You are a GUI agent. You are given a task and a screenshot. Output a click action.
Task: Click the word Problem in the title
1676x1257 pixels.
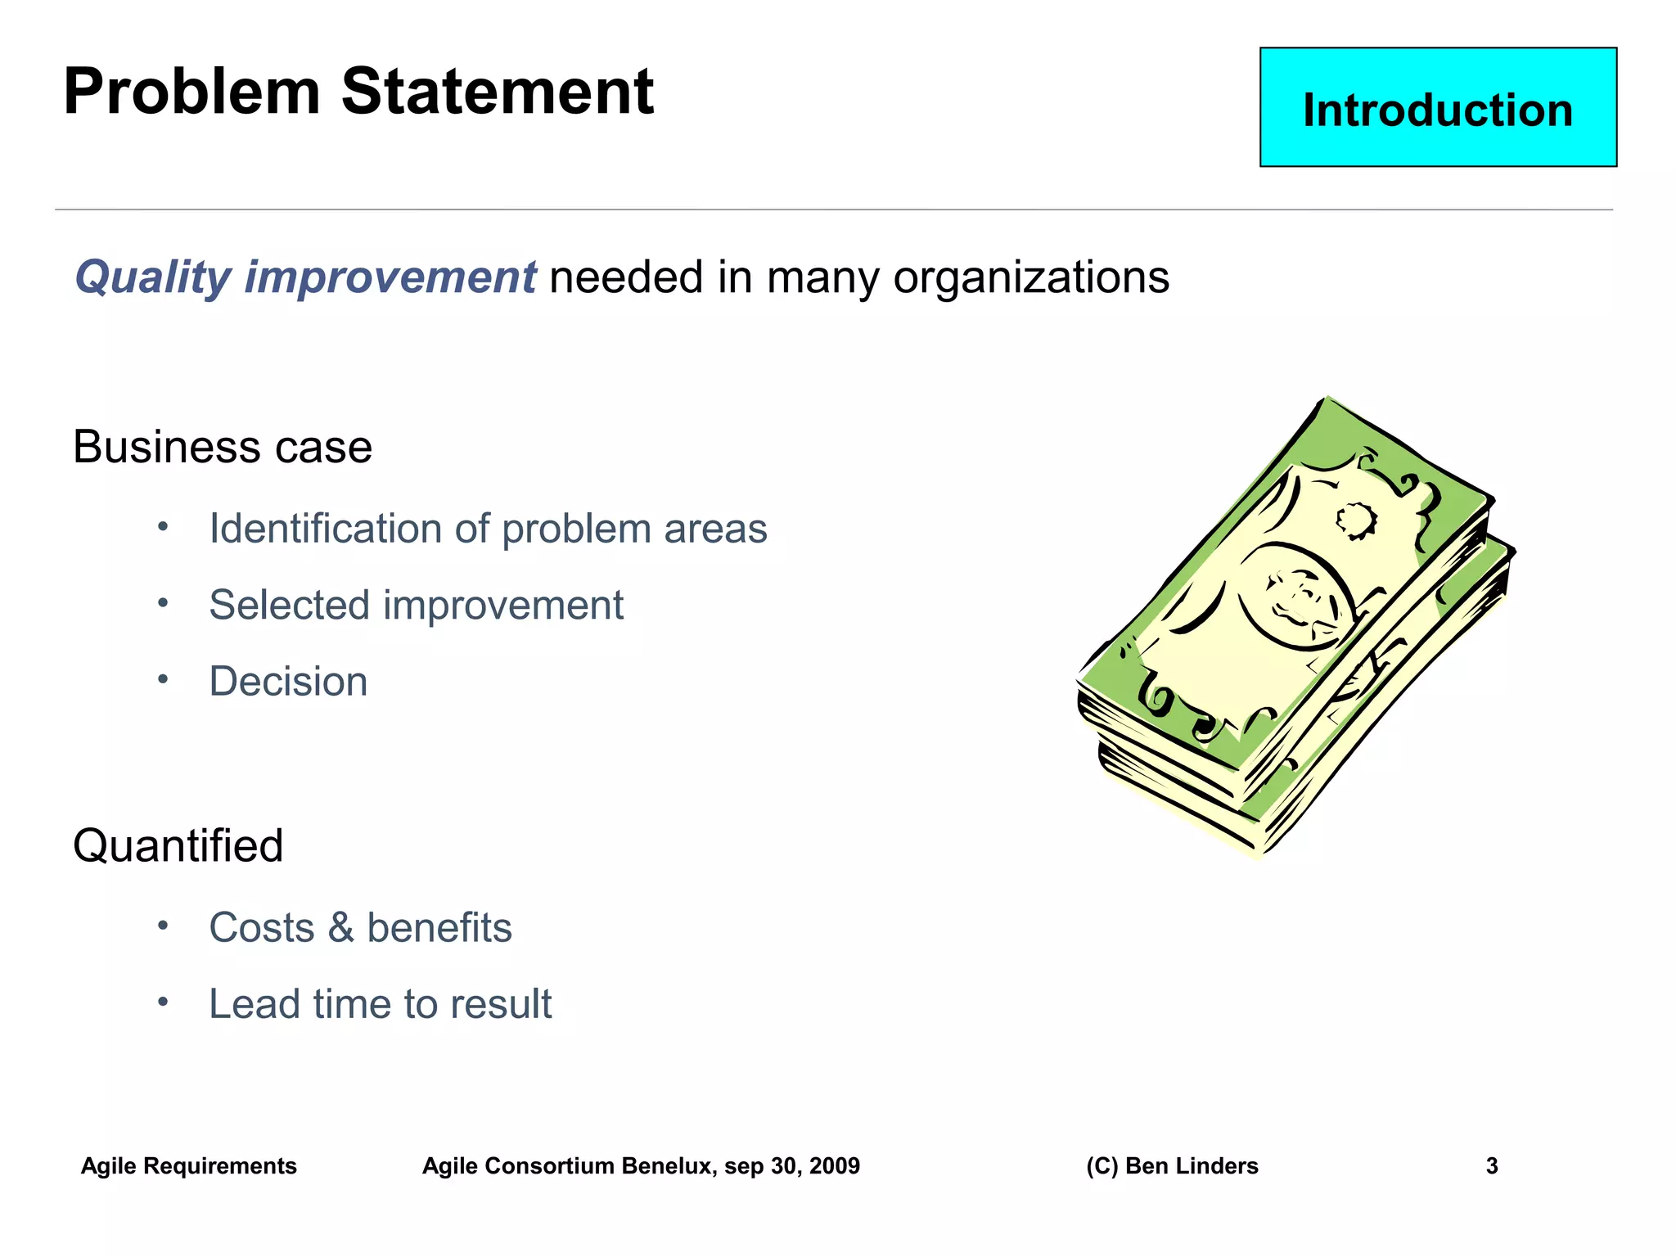(x=191, y=92)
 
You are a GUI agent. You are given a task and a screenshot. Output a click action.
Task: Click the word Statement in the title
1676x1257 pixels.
(x=497, y=92)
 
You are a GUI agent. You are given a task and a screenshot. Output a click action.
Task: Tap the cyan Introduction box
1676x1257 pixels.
(x=1437, y=108)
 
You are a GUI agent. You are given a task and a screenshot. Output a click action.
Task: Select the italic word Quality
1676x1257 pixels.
(x=153, y=278)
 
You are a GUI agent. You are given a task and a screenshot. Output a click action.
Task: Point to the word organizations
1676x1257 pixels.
(x=1030, y=278)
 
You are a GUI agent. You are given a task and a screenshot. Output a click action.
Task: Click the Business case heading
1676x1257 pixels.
(x=222, y=448)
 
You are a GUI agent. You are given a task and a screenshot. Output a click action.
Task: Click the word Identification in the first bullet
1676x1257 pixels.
(x=326, y=529)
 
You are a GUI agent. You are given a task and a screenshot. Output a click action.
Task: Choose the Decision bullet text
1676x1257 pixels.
(x=288, y=682)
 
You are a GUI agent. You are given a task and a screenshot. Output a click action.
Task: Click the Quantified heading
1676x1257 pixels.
(x=178, y=846)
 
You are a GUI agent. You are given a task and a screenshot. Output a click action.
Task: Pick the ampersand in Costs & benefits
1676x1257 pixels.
(x=340, y=928)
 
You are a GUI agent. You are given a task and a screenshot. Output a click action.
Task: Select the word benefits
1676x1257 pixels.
(x=439, y=928)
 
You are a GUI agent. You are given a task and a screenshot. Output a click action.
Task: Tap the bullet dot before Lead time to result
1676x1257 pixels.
(x=163, y=1002)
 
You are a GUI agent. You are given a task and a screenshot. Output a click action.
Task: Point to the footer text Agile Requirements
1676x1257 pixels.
(x=188, y=1166)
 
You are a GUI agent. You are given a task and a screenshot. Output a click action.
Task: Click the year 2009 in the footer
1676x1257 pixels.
(x=834, y=1166)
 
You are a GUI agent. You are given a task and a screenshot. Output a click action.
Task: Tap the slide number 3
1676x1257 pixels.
(x=1491, y=1166)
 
